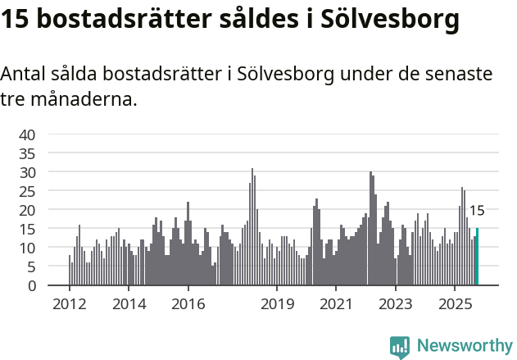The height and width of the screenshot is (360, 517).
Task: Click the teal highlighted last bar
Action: coord(477,257)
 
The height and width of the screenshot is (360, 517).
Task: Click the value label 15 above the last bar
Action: coord(476,211)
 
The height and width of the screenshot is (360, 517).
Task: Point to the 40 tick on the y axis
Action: coord(27,134)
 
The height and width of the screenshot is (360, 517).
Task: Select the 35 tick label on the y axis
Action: coord(27,153)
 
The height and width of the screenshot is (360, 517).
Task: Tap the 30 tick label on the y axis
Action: coord(27,172)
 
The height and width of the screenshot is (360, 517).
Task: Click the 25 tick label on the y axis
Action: coord(27,191)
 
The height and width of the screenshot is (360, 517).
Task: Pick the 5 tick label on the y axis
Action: coord(31,267)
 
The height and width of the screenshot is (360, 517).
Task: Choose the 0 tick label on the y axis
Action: coord(31,285)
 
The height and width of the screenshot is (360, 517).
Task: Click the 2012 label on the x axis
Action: coord(69,304)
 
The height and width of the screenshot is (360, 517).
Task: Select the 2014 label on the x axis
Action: coord(128,304)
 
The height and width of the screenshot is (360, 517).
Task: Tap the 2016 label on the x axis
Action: coord(188,304)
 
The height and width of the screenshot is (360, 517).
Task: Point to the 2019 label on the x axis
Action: coord(277,304)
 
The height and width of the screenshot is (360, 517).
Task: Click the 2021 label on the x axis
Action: coord(336,304)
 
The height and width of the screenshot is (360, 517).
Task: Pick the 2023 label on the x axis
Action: coord(396,304)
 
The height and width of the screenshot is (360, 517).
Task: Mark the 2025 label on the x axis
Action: coord(455,304)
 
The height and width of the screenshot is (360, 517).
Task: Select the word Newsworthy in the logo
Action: coord(464,346)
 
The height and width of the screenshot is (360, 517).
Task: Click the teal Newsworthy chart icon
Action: coord(399,347)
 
